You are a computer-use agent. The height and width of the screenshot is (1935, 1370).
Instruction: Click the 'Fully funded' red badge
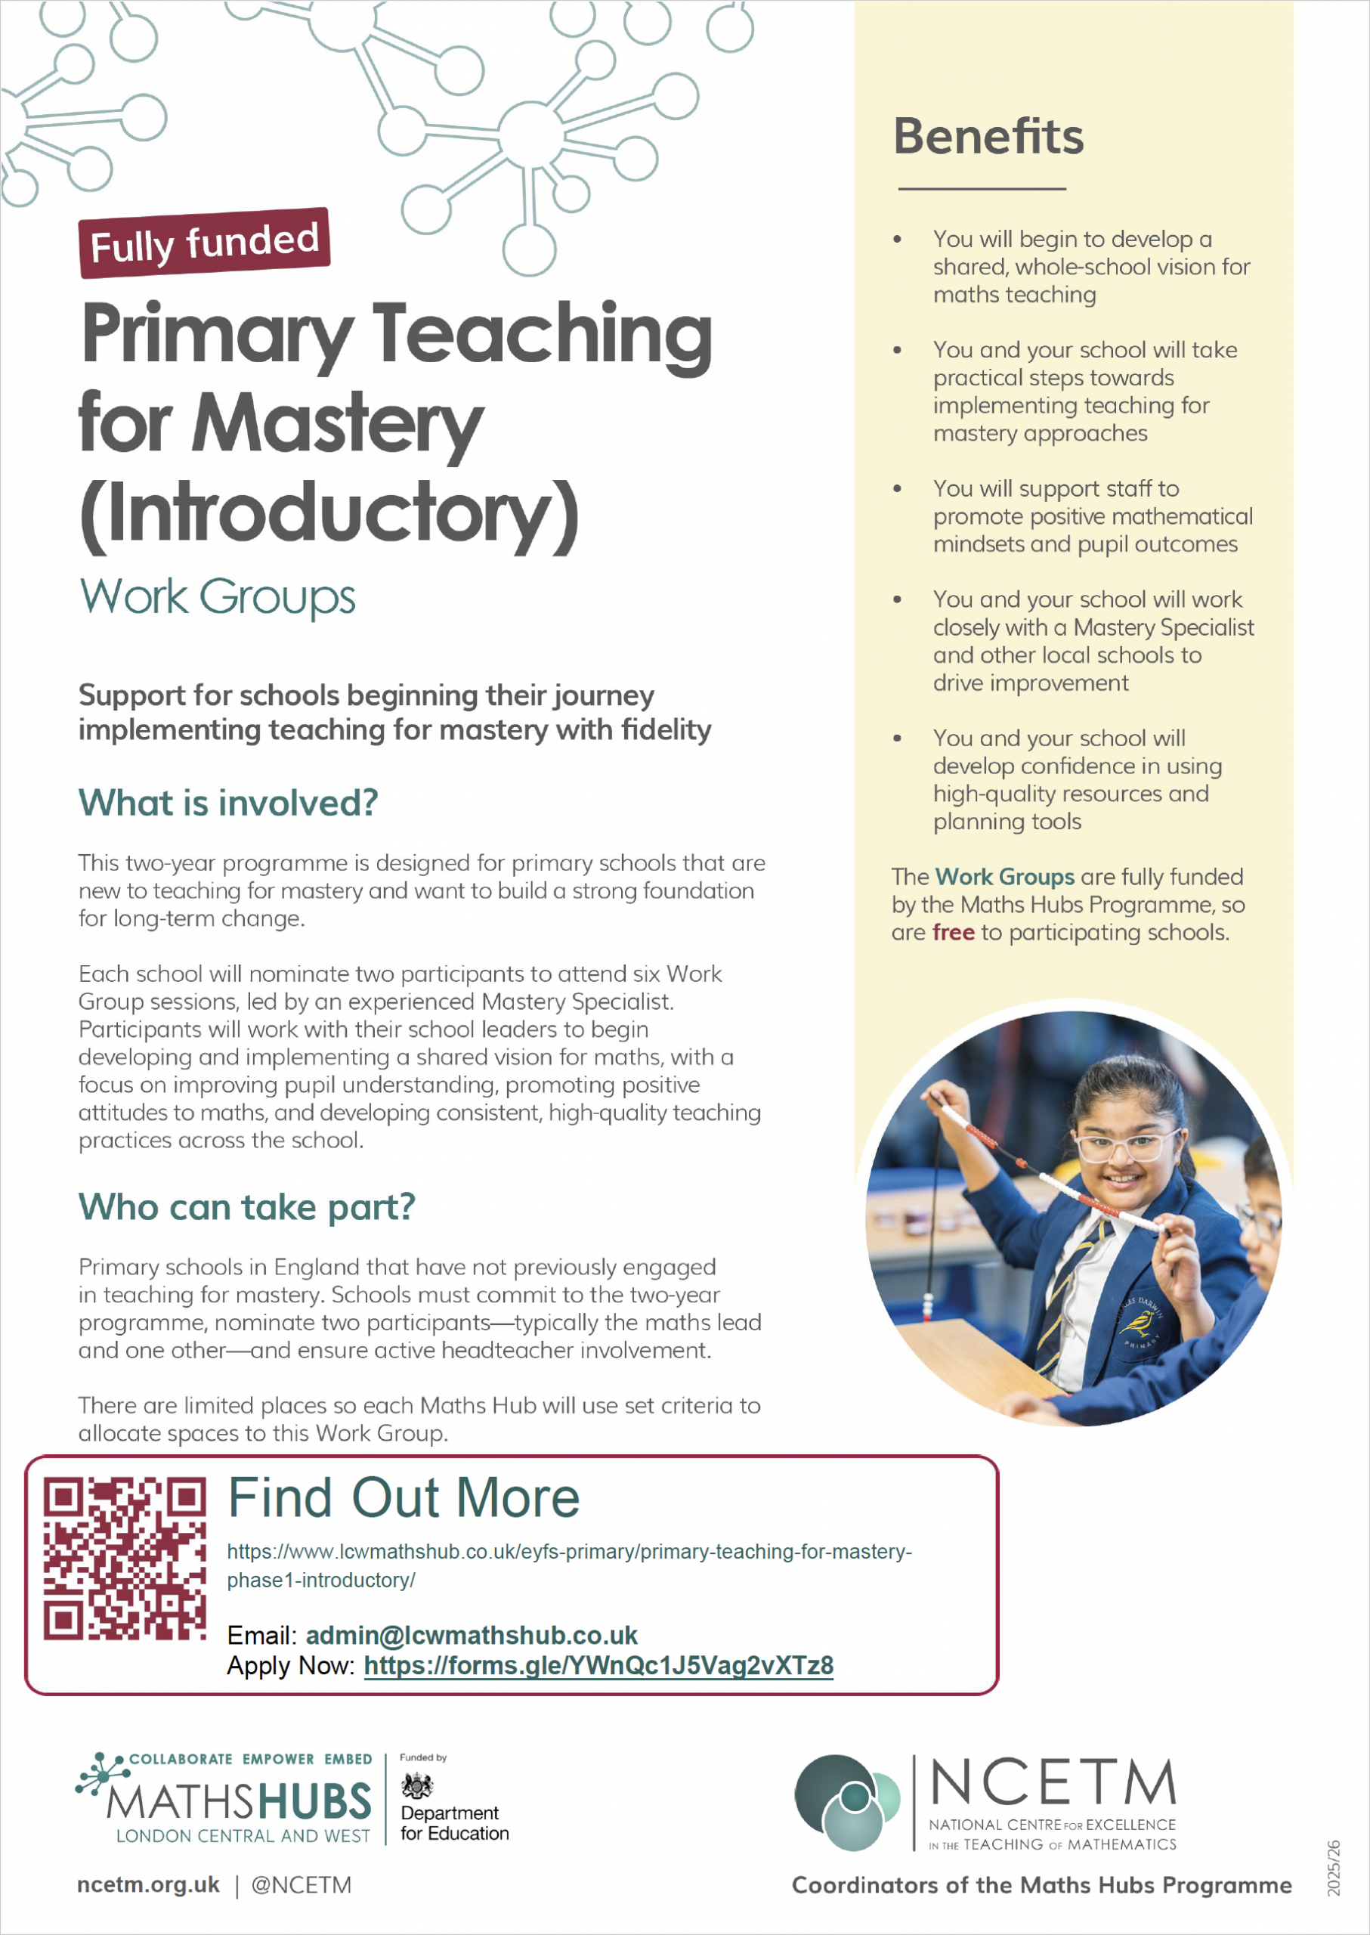(x=203, y=243)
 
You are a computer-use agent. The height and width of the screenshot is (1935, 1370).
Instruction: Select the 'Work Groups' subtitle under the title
(x=217, y=596)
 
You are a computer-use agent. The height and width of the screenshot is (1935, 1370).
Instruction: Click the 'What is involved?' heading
(x=227, y=803)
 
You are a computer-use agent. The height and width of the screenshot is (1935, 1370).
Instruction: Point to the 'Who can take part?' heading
(x=246, y=1207)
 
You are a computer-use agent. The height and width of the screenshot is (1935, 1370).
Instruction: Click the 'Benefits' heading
(x=988, y=137)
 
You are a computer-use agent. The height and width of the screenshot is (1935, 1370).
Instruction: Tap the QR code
(x=124, y=1559)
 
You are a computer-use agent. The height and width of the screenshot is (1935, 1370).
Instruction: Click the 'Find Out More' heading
(x=404, y=1498)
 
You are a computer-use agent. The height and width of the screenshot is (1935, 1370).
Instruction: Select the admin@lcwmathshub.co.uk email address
(x=471, y=1636)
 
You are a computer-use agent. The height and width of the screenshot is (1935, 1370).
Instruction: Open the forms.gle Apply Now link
(x=598, y=1666)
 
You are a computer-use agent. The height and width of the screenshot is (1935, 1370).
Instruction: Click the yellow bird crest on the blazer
(x=1141, y=1324)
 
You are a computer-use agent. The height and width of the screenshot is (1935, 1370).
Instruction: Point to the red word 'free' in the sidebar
(x=954, y=933)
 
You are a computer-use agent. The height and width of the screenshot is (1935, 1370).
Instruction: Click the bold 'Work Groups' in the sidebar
(x=1004, y=877)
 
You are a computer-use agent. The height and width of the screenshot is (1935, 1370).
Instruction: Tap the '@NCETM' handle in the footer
(x=302, y=1885)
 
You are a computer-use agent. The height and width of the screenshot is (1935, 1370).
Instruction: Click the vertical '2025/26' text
(x=1334, y=1868)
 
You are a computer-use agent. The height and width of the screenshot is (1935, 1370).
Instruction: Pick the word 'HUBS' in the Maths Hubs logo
(x=314, y=1803)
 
